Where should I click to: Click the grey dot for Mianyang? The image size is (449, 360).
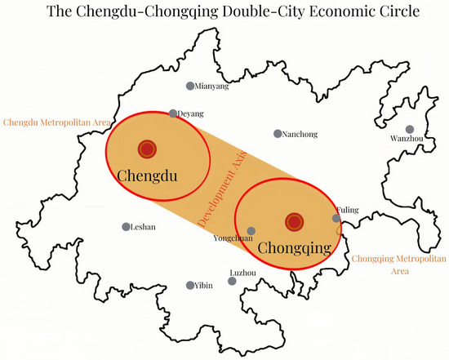[190, 86]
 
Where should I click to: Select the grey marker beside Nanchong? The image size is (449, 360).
[278, 133]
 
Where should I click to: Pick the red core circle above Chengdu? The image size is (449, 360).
[147, 149]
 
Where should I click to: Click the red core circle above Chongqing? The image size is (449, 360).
[294, 221]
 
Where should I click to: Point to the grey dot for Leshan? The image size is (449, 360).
[126, 227]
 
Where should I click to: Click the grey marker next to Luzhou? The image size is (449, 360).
[233, 281]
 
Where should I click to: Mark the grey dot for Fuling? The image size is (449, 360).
[336, 218]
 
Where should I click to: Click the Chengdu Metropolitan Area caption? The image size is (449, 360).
[56, 122]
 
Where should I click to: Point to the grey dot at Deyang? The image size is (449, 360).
[172, 113]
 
